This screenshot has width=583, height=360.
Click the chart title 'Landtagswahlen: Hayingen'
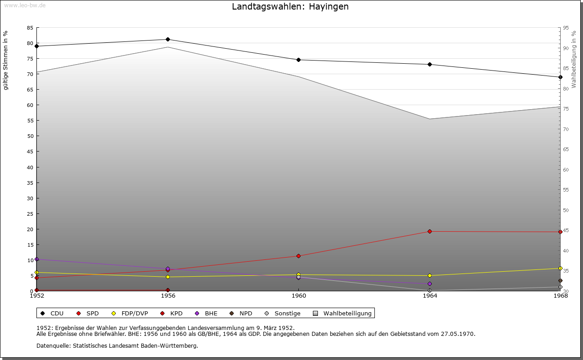point(290,6)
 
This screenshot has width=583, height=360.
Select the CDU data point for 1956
point(168,40)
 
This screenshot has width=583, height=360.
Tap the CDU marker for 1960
point(299,60)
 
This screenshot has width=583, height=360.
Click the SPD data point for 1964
point(430,231)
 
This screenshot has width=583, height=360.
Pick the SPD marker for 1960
point(299,256)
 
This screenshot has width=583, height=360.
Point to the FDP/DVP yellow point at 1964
point(430,275)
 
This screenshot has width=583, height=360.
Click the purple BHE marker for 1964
point(430,284)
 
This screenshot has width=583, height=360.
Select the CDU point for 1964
point(430,64)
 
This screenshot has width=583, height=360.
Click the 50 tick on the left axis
point(30,136)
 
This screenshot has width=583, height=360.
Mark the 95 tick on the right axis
point(566,28)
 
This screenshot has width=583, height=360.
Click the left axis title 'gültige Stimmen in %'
point(6,60)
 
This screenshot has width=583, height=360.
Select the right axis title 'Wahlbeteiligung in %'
point(574,59)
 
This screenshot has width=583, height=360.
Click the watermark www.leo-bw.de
point(24,5)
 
